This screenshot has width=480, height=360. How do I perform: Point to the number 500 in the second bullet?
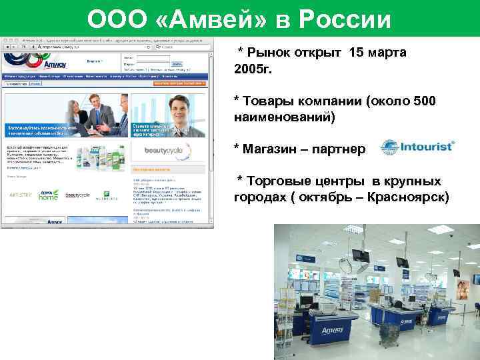[x=423, y=101]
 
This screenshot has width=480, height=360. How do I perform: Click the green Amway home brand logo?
[x=48, y=194]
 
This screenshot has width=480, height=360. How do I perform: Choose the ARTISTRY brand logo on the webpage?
[x=20, y=195]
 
